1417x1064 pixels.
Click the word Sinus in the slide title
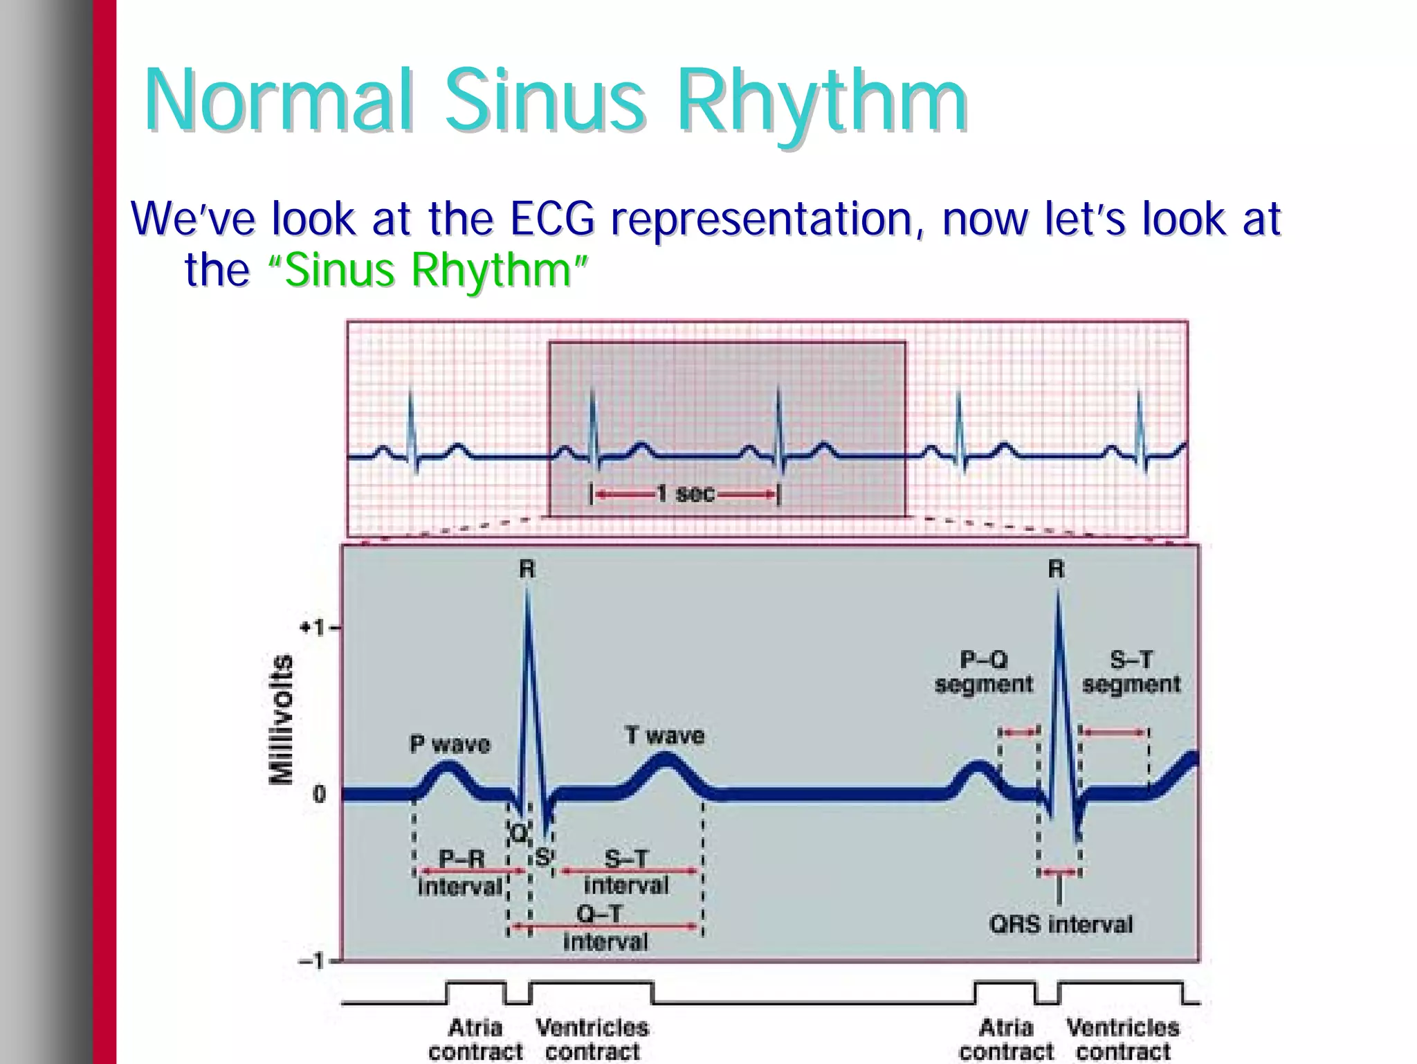(545, 101)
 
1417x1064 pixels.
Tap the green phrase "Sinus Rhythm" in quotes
(428, 270)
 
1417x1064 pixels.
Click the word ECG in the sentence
(552, 219)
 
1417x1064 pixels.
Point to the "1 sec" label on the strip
(685, 494)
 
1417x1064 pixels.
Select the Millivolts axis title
(281, 720)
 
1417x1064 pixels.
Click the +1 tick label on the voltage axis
(311, 628)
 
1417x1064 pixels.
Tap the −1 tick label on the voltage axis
(311, 961)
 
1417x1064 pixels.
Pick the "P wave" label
(450, 744)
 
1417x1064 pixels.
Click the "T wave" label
(664, 735)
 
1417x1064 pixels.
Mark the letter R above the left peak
(527, 570)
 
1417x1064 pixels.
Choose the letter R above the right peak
(1056, 570)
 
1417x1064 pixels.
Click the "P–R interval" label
(461, 872)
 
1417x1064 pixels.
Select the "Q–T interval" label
(605, 928)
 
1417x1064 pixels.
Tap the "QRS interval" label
(1061, 924)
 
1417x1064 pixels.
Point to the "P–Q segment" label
(983, 672)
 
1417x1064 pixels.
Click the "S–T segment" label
(1131, 672)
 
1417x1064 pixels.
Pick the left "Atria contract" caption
(475, 1039)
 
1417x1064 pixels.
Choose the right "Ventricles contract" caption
(1123, 1039)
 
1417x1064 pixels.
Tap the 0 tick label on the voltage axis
(318, 793)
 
